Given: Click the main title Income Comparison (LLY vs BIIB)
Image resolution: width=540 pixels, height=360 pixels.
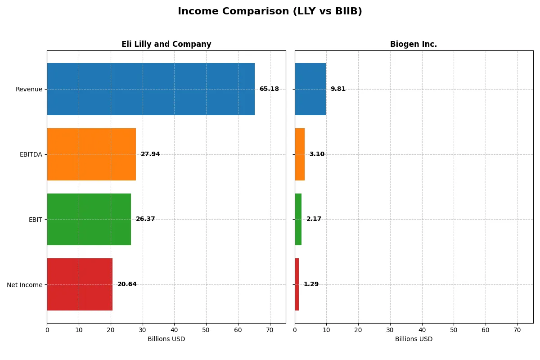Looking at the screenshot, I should coord(270,11).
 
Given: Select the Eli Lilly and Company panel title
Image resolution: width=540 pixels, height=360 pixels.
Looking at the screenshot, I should coord(166,44).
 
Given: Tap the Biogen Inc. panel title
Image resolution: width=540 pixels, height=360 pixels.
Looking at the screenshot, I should coord(413,44).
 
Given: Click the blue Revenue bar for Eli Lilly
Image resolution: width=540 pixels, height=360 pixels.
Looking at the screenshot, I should coord(151,89).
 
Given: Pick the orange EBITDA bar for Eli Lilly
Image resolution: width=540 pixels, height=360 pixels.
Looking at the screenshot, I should coord(91,154).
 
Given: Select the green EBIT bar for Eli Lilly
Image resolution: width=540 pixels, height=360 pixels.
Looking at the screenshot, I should coord(89,219).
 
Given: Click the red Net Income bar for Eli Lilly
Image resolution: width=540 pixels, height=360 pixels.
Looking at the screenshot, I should coord(80,284).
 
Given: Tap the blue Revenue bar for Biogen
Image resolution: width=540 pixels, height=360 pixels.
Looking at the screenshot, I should coord(310,89).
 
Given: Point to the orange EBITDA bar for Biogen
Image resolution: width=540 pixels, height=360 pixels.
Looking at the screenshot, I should coord(300,154).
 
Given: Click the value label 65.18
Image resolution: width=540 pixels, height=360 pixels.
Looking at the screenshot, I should coord(269,89).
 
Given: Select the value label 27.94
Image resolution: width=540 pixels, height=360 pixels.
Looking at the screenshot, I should coord(150,154).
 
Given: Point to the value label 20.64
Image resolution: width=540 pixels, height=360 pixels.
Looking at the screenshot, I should coord(127,284).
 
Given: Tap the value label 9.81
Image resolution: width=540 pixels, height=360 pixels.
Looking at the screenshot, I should coord(338,89).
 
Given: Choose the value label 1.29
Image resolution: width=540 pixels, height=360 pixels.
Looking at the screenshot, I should coord(311,284).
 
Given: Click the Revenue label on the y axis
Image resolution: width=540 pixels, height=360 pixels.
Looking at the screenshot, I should coord(29,89).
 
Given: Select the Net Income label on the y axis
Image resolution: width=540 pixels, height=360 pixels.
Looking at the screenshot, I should coord(25,284).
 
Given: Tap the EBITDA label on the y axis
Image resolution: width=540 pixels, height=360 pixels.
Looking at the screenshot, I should coord(31,154).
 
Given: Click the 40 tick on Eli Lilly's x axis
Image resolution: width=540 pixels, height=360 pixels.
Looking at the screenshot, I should coord(174,330).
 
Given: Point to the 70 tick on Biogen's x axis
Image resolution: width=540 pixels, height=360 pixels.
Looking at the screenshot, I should coord(517,330).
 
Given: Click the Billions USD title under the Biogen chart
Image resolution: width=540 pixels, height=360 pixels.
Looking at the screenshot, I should coord(414,339).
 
